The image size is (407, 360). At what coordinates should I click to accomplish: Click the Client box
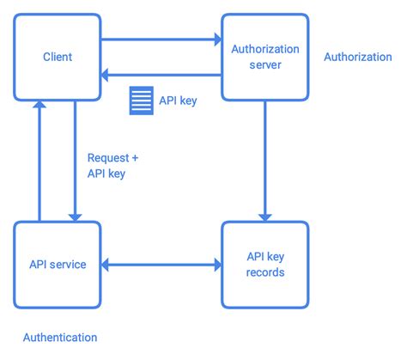click(57, 57)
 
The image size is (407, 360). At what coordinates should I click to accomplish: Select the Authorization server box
click(264, 57)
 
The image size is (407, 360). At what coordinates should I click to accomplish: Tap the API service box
click(57, 265)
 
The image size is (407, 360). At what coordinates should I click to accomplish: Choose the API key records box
click(264, 265)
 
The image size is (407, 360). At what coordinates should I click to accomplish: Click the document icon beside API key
click(140, 101)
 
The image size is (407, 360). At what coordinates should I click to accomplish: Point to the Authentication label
click(59, 338)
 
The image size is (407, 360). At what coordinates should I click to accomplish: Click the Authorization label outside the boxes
click(358, 57)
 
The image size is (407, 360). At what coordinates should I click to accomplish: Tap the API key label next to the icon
click(178, 101)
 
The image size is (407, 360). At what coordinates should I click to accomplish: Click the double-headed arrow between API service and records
click(161, 265)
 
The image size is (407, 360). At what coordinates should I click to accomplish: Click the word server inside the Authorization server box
click(264, 65)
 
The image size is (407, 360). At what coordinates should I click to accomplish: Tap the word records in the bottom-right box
click(264, 273)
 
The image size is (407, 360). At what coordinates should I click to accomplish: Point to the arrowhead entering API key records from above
click(265, 215)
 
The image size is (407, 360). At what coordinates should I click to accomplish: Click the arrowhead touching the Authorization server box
click(216, 39)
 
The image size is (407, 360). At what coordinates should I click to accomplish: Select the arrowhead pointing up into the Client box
click(38, 106)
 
